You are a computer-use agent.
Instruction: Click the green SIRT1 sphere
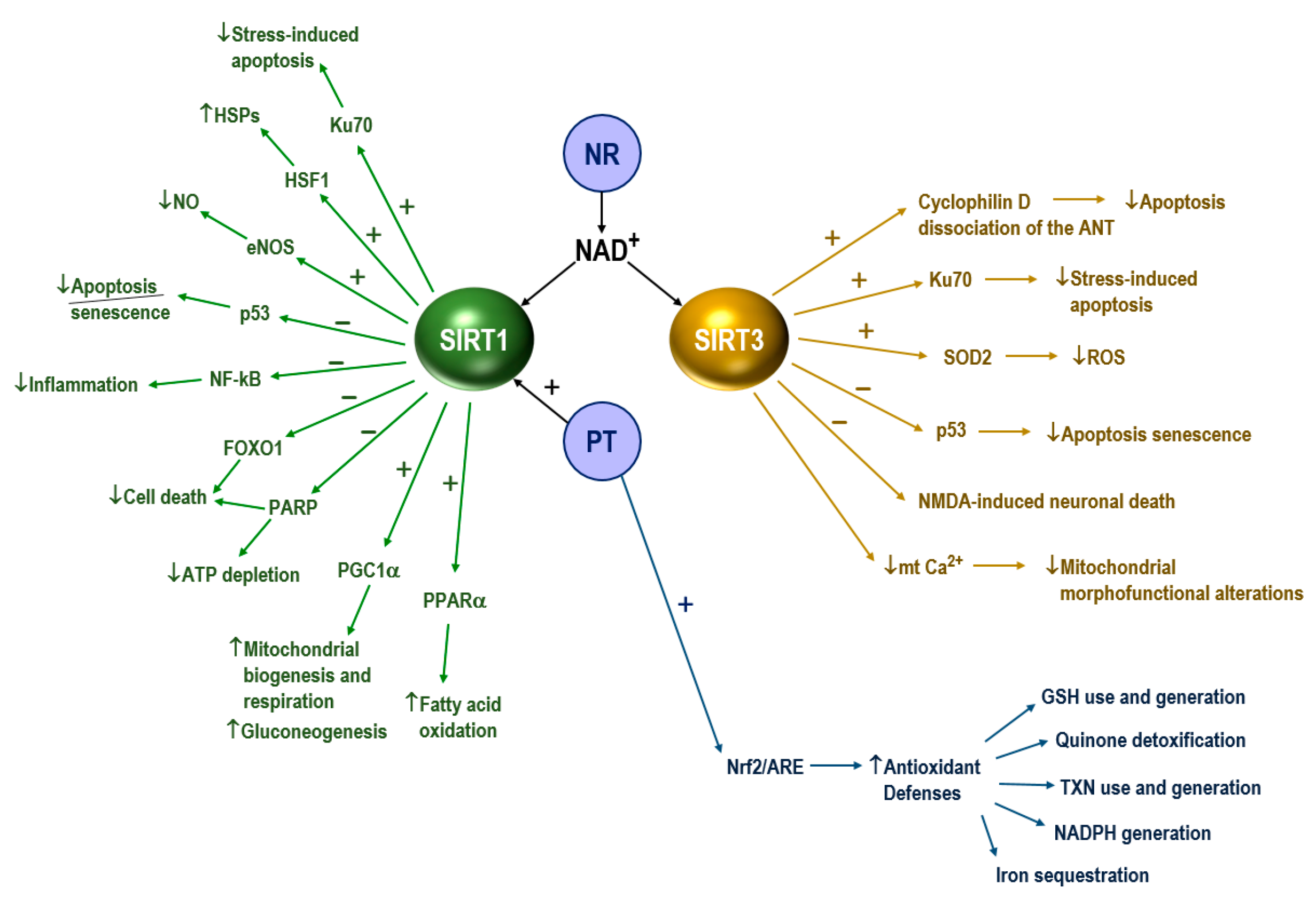(x=474, y=339)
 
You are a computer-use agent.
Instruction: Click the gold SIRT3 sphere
(x=729, y=339)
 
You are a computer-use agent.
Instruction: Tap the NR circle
(x=602, y=153)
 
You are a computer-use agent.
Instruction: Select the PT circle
(x=602, y=441)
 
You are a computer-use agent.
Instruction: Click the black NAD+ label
(x=605, y=250)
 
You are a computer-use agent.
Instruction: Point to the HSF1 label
(x=307, y=180)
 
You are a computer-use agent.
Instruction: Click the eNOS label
(x=270, y=247)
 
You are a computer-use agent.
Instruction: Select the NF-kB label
(x=235, y=379)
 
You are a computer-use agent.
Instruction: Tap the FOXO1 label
(x=253, y=448)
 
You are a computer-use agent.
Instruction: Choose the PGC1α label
(x=368, y=570)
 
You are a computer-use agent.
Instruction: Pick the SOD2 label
(x=967, y=357)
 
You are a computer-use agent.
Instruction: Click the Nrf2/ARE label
(x=765, y=767)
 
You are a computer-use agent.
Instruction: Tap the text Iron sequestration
(x=1072, y=875)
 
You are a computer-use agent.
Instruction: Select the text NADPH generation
(x=1132, y=833)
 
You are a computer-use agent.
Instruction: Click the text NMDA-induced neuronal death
(x=1046, y=501)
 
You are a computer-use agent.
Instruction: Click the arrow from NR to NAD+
(x=602, y=212)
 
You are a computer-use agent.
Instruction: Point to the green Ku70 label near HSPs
(x=351, y=125)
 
